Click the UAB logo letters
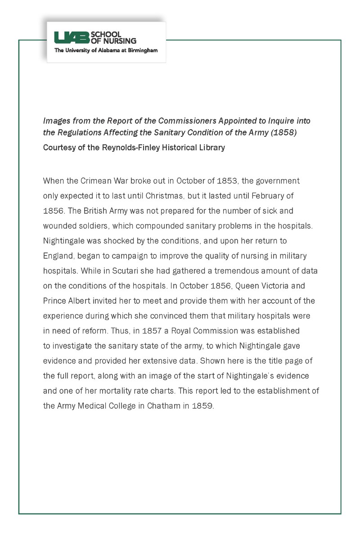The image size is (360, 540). click(x=72, y=38)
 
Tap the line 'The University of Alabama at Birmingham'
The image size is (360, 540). click(x=106, y=50)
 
